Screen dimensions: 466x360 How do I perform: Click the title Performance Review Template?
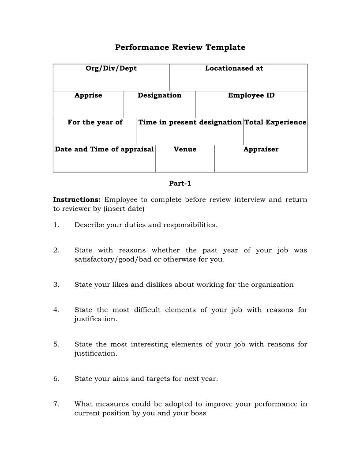coord(180,47)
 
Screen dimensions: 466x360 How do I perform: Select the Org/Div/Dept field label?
coord(111,68)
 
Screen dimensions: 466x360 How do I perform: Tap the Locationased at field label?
coord(234,68)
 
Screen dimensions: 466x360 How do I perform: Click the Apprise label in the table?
coord(88,95)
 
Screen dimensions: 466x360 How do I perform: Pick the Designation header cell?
coord(159,95)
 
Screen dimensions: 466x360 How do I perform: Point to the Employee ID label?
coord(251,95)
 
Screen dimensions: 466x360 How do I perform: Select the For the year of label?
coord(95,122)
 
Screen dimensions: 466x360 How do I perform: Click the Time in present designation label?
coord(190,122)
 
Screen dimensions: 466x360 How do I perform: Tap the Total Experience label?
coord(275,122)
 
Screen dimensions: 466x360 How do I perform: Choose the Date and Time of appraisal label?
coord(104,149)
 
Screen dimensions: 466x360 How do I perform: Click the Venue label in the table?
coord(185,149)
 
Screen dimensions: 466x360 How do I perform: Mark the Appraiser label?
coord(261,149)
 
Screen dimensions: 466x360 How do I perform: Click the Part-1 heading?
coord(180,184)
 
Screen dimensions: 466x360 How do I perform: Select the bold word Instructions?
coord(77,199)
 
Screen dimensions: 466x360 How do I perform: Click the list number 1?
coord(56,225)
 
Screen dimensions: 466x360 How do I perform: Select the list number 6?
coord(56,379)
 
